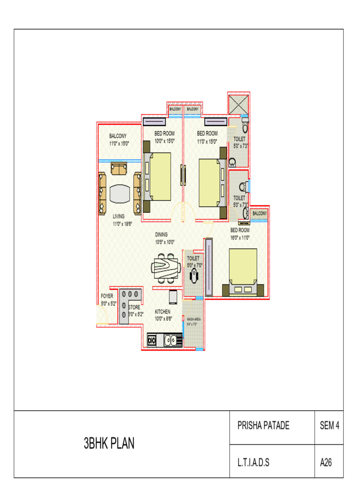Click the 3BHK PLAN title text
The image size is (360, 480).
(x=109, y=443)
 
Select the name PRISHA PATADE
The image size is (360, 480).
(x=263, y=426)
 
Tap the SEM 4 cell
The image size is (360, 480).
(x=329, y=426)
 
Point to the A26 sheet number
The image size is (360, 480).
(x=326, y=463)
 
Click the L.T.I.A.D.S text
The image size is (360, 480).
(x=254, y=463)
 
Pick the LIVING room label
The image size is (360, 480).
(x=119, y=217)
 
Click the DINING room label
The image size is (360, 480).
(x=161, y=234)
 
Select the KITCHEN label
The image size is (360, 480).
(x=163, y=311)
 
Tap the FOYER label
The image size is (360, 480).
(x=107, y=296)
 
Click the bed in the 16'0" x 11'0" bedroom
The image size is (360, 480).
(x=243, y=272)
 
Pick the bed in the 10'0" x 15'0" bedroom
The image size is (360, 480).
(x=158, y=176)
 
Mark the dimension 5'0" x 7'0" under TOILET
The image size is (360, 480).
(x=194, y=265)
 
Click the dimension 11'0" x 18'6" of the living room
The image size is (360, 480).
(x=122, y=224)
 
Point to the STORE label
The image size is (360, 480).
(x=134, y=307)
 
